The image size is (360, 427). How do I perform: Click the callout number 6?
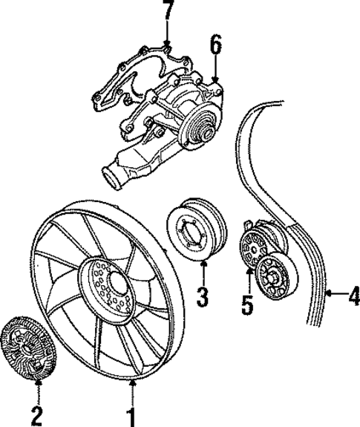click(215, 46)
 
